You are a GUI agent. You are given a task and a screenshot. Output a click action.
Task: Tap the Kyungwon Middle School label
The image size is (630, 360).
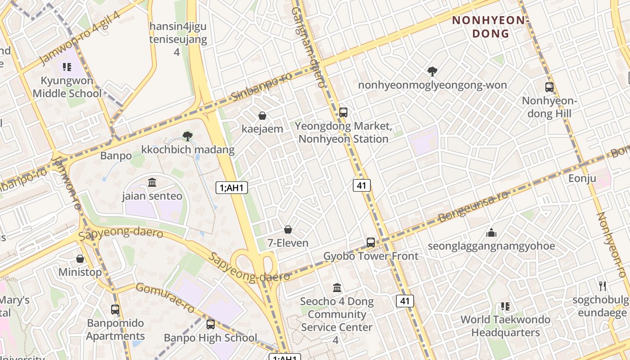pos(67,87)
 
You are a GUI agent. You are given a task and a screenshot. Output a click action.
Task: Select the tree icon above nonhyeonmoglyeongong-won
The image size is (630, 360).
pos(432,71)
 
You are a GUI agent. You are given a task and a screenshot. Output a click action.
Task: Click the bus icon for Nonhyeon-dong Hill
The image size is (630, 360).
pos(549,87)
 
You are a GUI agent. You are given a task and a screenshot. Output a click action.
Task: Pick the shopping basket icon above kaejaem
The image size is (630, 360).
pos(262,116)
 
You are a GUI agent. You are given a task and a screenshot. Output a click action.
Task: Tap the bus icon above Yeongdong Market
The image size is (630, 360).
pos(343,112)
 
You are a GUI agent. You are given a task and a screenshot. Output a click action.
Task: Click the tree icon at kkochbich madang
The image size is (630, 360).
pos(188,136)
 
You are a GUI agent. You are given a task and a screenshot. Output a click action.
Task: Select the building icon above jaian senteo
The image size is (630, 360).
pos(152,183)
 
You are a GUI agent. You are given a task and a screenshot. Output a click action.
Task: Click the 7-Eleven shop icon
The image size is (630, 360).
pos(288,230)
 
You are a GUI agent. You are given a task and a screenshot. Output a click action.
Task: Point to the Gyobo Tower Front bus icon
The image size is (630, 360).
pos(371,243)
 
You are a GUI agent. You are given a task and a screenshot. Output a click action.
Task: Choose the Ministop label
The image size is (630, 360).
pos(80,272)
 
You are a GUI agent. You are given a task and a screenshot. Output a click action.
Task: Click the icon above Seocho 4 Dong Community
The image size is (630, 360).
pos(337,288)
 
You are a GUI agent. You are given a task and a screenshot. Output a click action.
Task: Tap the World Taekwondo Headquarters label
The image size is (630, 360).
pos(505,326)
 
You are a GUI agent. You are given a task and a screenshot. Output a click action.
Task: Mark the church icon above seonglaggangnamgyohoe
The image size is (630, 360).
pos(491,233)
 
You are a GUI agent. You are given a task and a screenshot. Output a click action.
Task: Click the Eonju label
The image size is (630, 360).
pos(582,178)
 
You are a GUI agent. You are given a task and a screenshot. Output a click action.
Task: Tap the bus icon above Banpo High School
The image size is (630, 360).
pos(210,324)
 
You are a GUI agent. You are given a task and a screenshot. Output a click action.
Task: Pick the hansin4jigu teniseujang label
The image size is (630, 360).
pos(178,39)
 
